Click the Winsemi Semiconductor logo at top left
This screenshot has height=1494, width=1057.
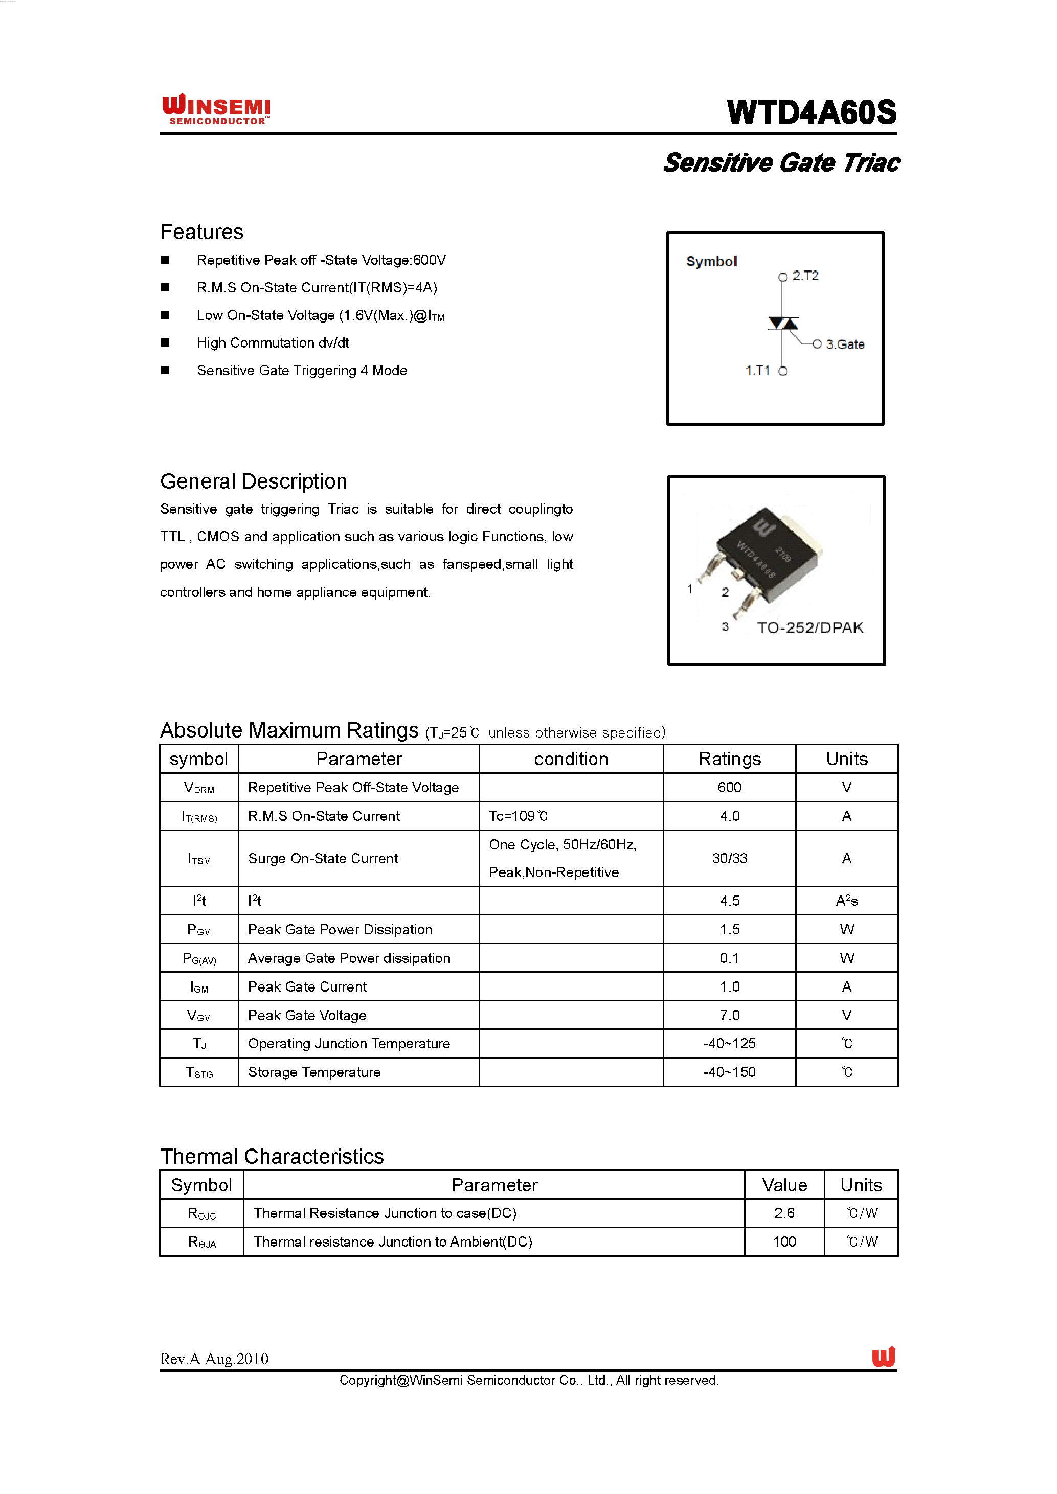pos(216,109)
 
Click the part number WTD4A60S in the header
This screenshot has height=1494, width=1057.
pos(811,112)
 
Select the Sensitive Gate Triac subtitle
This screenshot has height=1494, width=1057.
pos(780,163)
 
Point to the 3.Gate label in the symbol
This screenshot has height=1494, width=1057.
pos(844,344)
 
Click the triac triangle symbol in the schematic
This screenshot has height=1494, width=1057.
pos(783,324)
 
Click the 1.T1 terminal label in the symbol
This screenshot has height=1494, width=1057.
pos(757,371)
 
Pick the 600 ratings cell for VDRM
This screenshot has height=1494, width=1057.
pos(729,787)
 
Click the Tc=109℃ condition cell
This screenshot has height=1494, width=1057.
pos(518,816)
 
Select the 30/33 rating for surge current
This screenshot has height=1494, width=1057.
pos(729,858)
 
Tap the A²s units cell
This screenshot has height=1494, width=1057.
pos(846,901)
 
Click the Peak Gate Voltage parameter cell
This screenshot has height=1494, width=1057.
pos(307,1015)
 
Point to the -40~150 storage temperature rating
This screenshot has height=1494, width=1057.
pos(729,1072)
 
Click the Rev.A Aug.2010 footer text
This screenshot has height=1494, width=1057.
pos(214,1359)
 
